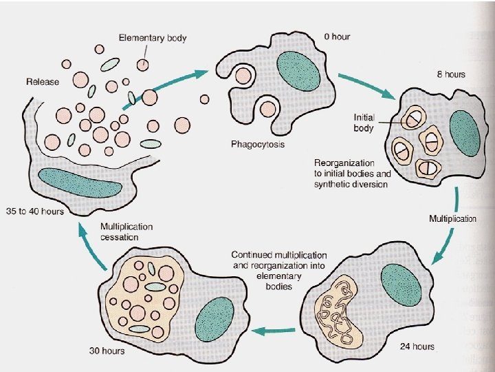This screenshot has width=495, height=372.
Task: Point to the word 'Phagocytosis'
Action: tap(258, 145)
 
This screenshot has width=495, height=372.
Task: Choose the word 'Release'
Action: tap(43, 82)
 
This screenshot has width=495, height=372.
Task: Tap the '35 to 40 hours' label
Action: tap(34, 210)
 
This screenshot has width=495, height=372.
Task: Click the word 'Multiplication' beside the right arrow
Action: tap(452, 219)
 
